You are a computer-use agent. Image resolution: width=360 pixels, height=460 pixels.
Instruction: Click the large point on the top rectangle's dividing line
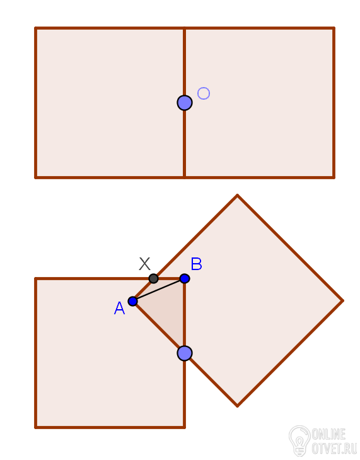click(185, 103)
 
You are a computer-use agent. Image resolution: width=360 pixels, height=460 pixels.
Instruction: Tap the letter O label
click(204, 93)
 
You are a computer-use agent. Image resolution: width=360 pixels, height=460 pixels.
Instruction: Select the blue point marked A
click(133, 301)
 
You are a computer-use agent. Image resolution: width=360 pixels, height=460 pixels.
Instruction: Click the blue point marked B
click(184, 278)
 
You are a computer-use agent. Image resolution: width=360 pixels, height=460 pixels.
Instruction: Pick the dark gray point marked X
click(153, 278)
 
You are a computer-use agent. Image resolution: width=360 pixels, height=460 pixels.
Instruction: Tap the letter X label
click(144, 264)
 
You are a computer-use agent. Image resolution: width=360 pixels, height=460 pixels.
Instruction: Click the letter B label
click(196, 264)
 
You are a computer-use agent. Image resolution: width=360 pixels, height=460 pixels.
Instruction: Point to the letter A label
click(119, 309)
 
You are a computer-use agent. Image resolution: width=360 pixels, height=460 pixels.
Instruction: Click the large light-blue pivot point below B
click(185, 353)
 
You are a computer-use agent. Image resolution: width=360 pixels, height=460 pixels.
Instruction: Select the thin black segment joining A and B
click(159, 290)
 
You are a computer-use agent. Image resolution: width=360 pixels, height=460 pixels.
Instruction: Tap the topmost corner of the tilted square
click(237, 195)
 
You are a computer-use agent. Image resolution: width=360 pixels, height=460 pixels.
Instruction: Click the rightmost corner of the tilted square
click(343, 301)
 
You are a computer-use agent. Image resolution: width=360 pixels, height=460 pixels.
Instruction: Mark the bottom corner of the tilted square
click(237, 406)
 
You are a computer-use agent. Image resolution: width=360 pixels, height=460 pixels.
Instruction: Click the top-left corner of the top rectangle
click(35, 28)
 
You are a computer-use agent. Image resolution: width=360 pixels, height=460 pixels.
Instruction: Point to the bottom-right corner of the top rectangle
click(334, 177)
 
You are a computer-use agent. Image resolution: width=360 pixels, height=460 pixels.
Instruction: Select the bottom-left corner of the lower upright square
click(35, 427)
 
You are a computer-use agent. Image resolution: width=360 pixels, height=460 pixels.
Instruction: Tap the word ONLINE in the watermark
click(328, 434)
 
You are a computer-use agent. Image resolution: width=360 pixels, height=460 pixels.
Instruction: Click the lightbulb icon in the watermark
click(299, 440)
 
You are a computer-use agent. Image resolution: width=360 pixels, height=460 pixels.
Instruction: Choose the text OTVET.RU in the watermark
click(334, 449)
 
